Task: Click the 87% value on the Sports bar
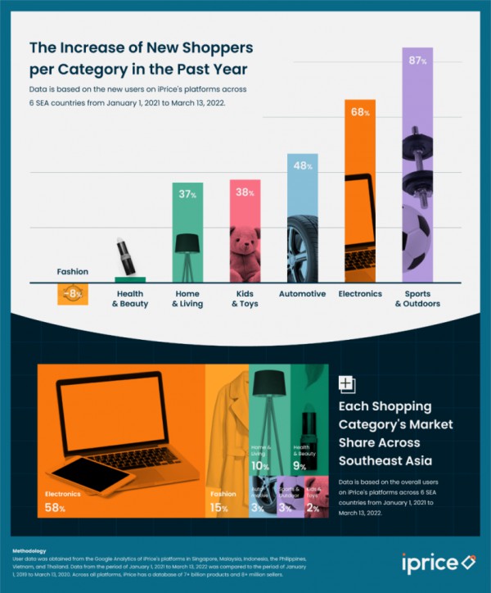(417, 62)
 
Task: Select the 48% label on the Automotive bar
(301, 166)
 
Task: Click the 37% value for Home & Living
(187, 195)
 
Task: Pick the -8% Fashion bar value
(72, 293)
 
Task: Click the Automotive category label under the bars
(302, 293)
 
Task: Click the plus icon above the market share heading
(346, 384)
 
